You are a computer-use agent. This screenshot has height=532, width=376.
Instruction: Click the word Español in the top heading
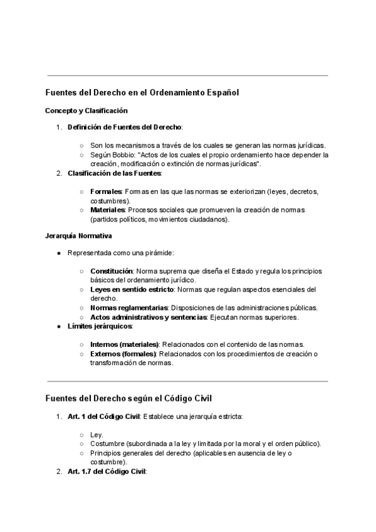point(222,92)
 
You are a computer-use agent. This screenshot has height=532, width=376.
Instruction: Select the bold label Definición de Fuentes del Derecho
point(115,127)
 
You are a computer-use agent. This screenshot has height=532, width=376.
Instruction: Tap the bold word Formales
point(106,191)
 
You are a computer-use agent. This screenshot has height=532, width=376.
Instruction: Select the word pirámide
point(159,253)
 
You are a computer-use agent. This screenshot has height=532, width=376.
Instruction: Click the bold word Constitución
point(111,270)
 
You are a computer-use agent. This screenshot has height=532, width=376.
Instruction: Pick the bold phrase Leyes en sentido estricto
point(132,289)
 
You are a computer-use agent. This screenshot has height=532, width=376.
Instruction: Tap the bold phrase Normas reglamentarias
point(128,307)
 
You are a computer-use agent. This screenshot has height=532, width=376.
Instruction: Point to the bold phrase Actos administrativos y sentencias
point(148,317)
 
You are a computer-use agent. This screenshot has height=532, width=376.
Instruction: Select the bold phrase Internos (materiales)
point(125,344)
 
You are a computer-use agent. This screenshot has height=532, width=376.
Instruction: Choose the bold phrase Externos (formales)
point(123,354)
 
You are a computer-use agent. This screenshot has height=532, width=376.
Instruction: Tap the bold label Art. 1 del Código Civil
point(103,416)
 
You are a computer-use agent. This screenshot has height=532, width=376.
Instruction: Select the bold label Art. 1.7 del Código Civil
point(107,471)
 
